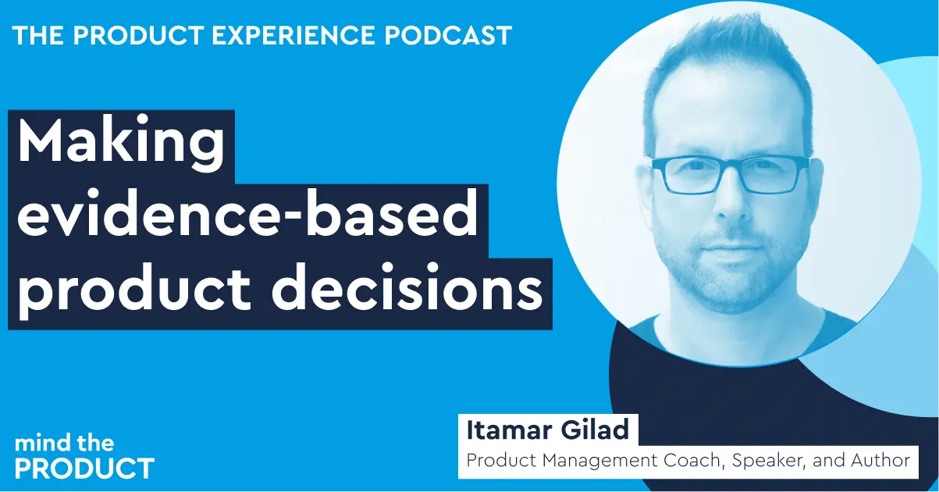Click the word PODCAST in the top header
(448, 35)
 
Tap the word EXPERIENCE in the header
(293, 35)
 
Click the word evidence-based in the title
(247, 214)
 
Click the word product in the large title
(134, 291)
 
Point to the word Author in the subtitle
(880, 461)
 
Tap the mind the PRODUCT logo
(84, 457)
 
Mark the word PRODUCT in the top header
(138, 35)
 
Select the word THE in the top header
(38, 35)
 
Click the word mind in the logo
(42, 444)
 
